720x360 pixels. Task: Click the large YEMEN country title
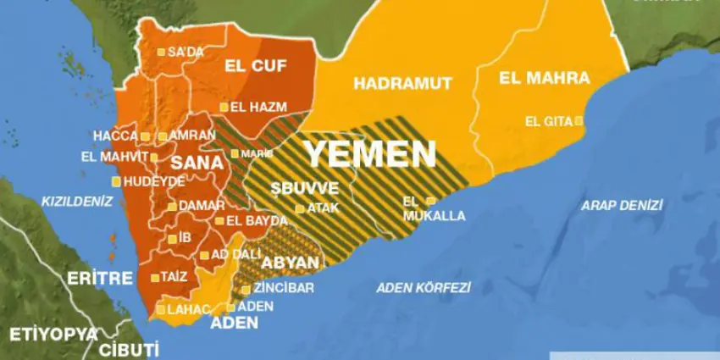click(x=370, y=154)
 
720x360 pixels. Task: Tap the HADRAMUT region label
click(x=403, y=83)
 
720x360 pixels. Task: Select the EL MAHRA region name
click(x=544, y=79)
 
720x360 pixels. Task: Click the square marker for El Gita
click(x=579, y=121)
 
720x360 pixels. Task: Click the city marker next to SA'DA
click(x=161, y=53)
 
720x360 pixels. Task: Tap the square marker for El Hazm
click(x=224, y=108)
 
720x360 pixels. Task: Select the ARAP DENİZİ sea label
click(x=622, y=205)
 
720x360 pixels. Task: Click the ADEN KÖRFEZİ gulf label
click(x=424, y=287)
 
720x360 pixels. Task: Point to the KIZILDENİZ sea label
click(x=77, y=201)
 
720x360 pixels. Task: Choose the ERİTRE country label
click(x=100, y=278)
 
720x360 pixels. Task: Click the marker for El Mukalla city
click(x=430, y=202)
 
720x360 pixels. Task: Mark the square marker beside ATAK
click(x=299, y=208)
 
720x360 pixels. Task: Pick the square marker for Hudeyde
click(x=116, y=181)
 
